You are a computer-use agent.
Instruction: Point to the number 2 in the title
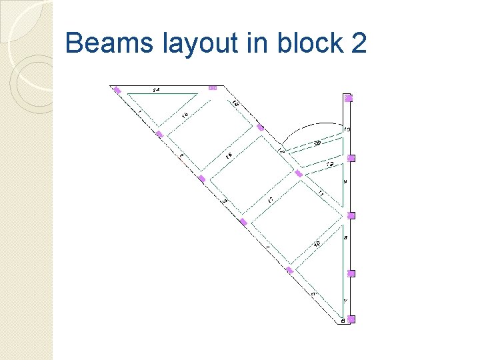[358, 43]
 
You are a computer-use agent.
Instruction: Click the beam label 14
[156, 89]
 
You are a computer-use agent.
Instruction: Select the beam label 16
[229, 155]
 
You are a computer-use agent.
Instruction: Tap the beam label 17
[271, 199]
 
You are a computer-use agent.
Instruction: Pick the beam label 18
[317, 244]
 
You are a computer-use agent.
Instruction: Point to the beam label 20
[317, 142]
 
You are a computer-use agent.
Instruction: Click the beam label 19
[329, 164]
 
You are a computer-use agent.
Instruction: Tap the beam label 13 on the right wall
[347, 129]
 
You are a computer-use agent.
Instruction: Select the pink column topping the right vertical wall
[348, 98]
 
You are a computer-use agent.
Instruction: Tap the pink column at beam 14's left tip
[117, 90]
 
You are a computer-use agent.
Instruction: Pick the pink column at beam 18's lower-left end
[289, 270]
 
